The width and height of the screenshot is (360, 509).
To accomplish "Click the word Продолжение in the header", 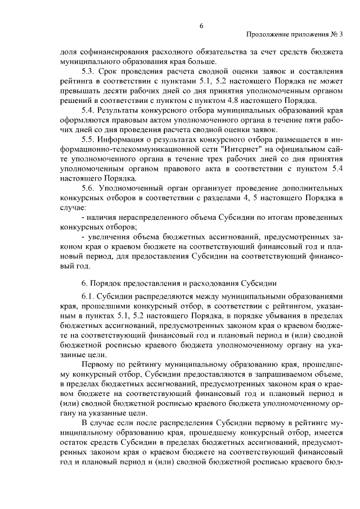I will coord(267,34).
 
